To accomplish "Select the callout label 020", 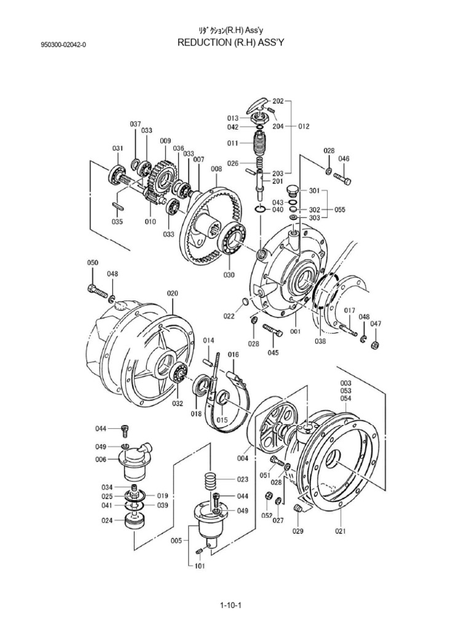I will tap(172, 294).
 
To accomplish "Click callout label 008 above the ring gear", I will tap(216, 168).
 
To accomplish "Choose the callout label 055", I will tap(340, 209).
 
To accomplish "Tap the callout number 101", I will tap(200, 566).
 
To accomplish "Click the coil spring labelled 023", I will tap(210, 479).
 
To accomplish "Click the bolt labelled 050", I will tap(98, 289).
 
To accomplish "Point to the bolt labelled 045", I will tap(273, 331).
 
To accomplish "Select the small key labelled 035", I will tap(118, 206).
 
